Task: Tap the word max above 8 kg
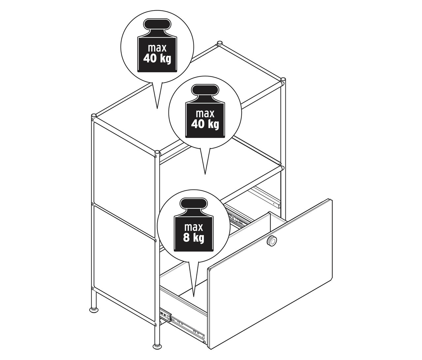194,228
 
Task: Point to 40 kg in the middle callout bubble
205,125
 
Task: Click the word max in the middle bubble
205,114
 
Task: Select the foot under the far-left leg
94,310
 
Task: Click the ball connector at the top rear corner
219,44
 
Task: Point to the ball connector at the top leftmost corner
94,116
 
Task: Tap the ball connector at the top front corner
157,154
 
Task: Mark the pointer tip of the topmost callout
157,108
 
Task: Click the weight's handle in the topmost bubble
157,26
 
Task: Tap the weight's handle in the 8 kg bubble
193,204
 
